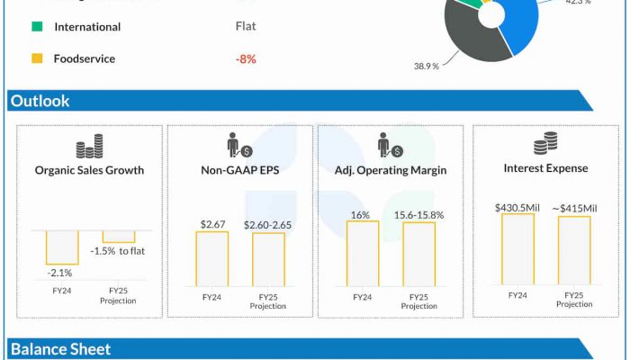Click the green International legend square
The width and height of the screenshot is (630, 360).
click(37, 27)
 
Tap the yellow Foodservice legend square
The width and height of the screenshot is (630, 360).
click(37, 59)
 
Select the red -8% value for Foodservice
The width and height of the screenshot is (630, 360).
click(246, 59)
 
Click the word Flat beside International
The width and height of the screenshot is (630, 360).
click(246, 27)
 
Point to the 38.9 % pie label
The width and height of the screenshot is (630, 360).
click(427, 67)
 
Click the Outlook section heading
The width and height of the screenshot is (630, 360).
click(40, 102)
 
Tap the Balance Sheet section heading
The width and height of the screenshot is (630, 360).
click(60, 349)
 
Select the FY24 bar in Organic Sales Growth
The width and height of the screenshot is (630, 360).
click(62, 247)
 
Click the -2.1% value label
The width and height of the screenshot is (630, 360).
click(60, 273)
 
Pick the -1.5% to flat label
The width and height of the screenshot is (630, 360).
click(118, 251)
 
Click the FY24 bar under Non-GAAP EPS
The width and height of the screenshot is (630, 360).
click(212, 258)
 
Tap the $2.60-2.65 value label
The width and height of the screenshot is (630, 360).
click(268, 224)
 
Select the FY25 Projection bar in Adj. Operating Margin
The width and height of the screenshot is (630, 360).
click(418, 255)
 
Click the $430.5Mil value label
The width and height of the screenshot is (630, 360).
click(517, 208)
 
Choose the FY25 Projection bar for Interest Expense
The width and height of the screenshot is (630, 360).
click(574, 251)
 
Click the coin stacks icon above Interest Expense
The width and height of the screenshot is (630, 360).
click(545, 143)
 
